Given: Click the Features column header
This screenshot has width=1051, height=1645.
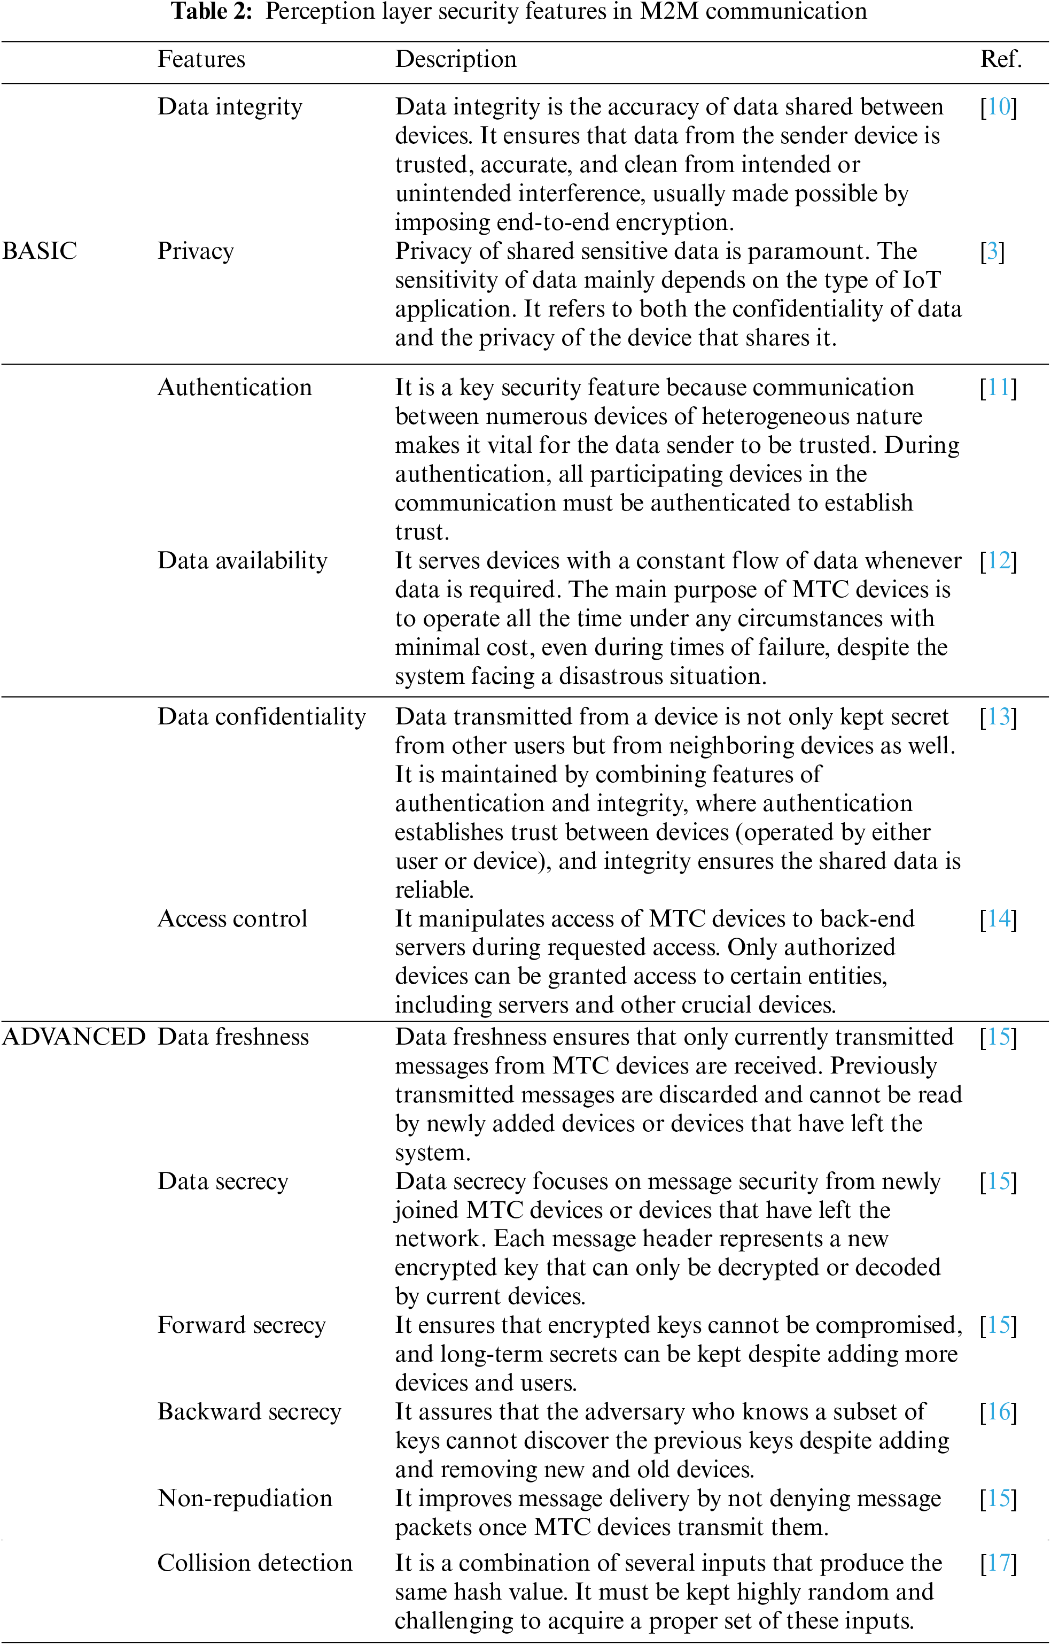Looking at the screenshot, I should tap(201, 59).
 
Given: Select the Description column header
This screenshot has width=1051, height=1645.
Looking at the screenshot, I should tap(455, 59).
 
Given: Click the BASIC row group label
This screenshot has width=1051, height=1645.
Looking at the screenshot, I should tap(40, 251).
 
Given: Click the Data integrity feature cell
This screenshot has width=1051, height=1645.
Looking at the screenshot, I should tap(229, 106).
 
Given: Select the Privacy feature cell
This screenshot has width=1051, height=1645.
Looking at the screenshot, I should tap(196, 251).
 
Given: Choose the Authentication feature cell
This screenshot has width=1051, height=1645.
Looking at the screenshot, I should tap(234, 388).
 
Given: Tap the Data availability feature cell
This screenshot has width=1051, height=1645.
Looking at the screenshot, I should tap(243, 560).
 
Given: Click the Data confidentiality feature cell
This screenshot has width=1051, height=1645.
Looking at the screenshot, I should tap(262, 716).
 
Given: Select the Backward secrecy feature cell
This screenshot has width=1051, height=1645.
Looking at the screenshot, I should tap(250, 1411).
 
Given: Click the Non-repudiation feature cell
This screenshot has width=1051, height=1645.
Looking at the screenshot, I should tap(245, 1498).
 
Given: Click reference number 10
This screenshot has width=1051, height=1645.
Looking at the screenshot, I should tap(999, 106).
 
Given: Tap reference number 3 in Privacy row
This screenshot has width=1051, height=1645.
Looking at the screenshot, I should tap(992, 251).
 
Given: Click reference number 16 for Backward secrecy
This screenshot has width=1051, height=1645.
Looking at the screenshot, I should tap(999, 1411).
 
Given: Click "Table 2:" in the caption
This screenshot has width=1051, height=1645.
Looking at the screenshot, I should tap(212, 12).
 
